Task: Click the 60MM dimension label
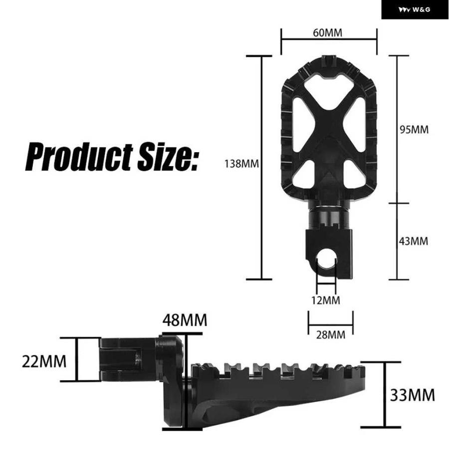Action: coord(327,33)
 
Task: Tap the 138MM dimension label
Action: coord(241,164)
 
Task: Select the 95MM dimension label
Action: coord(414,130)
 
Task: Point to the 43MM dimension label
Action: coord(414,241)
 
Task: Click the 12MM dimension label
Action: coord(326,300)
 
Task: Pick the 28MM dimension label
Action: coord(331,335)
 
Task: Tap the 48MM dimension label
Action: coord(185,320)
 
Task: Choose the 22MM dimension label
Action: coord(44,361)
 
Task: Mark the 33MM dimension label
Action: coord(413,395)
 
